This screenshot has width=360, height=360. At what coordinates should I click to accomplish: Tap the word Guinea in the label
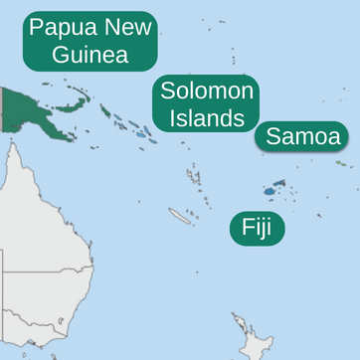[90, 54]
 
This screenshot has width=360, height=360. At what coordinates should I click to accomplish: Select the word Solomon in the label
[207, 91]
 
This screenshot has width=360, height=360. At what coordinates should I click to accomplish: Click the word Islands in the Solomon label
[206, 118]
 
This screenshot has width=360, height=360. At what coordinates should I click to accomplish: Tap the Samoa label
[302, 136]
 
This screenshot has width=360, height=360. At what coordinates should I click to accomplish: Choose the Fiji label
[258, 228]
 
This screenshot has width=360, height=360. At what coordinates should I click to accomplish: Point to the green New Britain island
[74, 102]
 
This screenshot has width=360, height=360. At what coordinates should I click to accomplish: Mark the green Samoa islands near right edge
[340, 163]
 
